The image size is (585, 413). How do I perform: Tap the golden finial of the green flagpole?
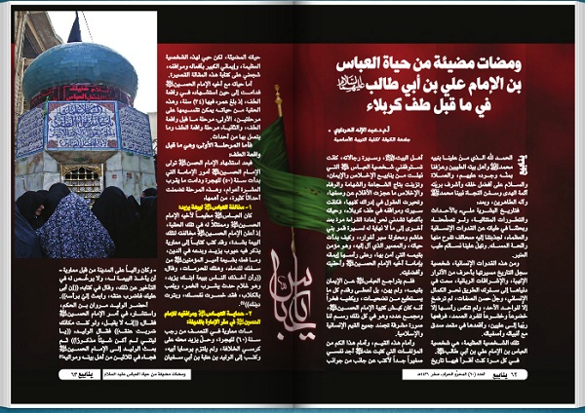(x=279, y=94)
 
